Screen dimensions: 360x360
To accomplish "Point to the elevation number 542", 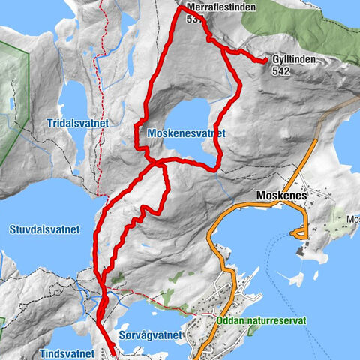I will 282,71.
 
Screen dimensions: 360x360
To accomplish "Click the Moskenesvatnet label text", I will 186,133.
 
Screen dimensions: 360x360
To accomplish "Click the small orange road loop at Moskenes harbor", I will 301,235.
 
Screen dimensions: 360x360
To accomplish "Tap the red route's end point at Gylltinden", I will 266,61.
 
